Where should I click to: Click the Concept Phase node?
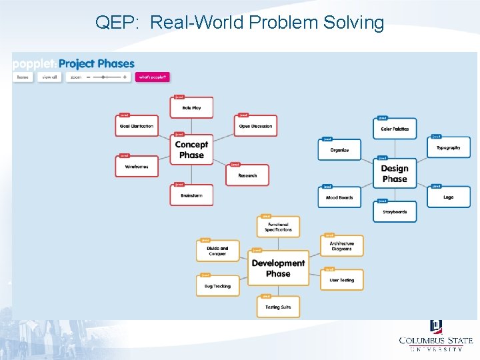[191, 150]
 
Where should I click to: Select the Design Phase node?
[395, 173]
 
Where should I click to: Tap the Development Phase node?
[278, 268]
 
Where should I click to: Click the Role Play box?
[191, 107]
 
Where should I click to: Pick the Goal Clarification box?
[137, 126]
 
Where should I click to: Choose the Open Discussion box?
[256, 126]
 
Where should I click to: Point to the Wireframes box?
[137, 167]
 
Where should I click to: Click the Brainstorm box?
[191, 195]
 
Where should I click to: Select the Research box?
[247, 175]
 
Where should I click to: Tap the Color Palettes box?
[395, 129]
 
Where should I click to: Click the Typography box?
[449, 147]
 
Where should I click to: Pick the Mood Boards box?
[339, 197]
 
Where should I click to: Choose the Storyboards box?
[395, 212]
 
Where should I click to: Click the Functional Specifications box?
[278, 227]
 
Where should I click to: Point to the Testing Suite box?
[278, 307]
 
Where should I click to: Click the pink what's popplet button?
[153, 77]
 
